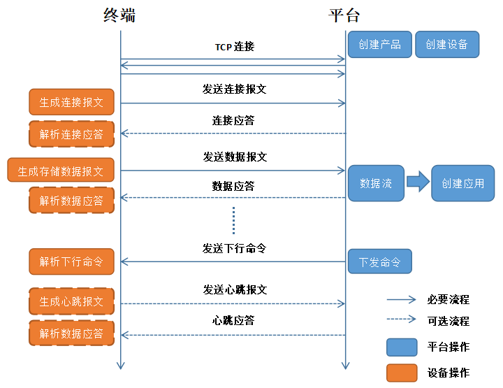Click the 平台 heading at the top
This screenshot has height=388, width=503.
[x=344, y=15]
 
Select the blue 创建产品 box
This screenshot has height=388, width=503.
[x=379, y=44]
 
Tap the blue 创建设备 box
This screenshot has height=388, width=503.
[x=447, y=44]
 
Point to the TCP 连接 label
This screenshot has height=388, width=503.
[x=234, y=47]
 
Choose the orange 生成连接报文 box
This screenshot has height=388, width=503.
[x=71, y=102]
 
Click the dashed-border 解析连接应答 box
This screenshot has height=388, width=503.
[x=71, y=134]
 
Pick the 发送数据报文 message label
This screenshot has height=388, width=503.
[x=235, y=157]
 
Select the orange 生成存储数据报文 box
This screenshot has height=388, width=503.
[x=61, y=170]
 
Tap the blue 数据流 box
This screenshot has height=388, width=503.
[x=376, y=183]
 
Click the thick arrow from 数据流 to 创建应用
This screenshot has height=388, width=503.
[x=418, y=183]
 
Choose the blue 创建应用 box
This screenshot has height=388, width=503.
[x=462, y=183]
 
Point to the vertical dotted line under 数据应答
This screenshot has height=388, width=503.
[x=234, y=220]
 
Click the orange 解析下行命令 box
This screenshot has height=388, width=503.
[x=71, y=261]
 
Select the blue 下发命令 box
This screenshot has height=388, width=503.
[x=380, y=262]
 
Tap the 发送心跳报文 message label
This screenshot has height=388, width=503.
[x=235, y=289]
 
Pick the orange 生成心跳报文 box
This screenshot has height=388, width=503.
[x=71, y=301]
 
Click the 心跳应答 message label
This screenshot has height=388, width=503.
[x=233, y=320]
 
